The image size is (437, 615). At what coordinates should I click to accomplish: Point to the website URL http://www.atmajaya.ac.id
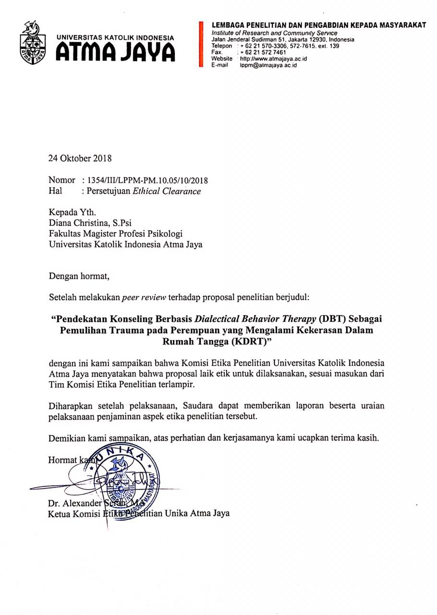[273, 59]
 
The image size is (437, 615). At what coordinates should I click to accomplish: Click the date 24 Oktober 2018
[80, 158]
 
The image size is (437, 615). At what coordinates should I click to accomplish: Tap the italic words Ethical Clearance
[167, 191]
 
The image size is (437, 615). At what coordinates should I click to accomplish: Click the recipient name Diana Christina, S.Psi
[87, 222]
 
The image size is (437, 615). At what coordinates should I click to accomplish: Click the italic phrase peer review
[144, 297]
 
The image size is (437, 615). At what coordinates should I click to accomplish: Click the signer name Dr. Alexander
[75, 504]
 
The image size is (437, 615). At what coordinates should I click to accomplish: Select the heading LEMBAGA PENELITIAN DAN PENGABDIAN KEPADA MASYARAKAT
[318, 25]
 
